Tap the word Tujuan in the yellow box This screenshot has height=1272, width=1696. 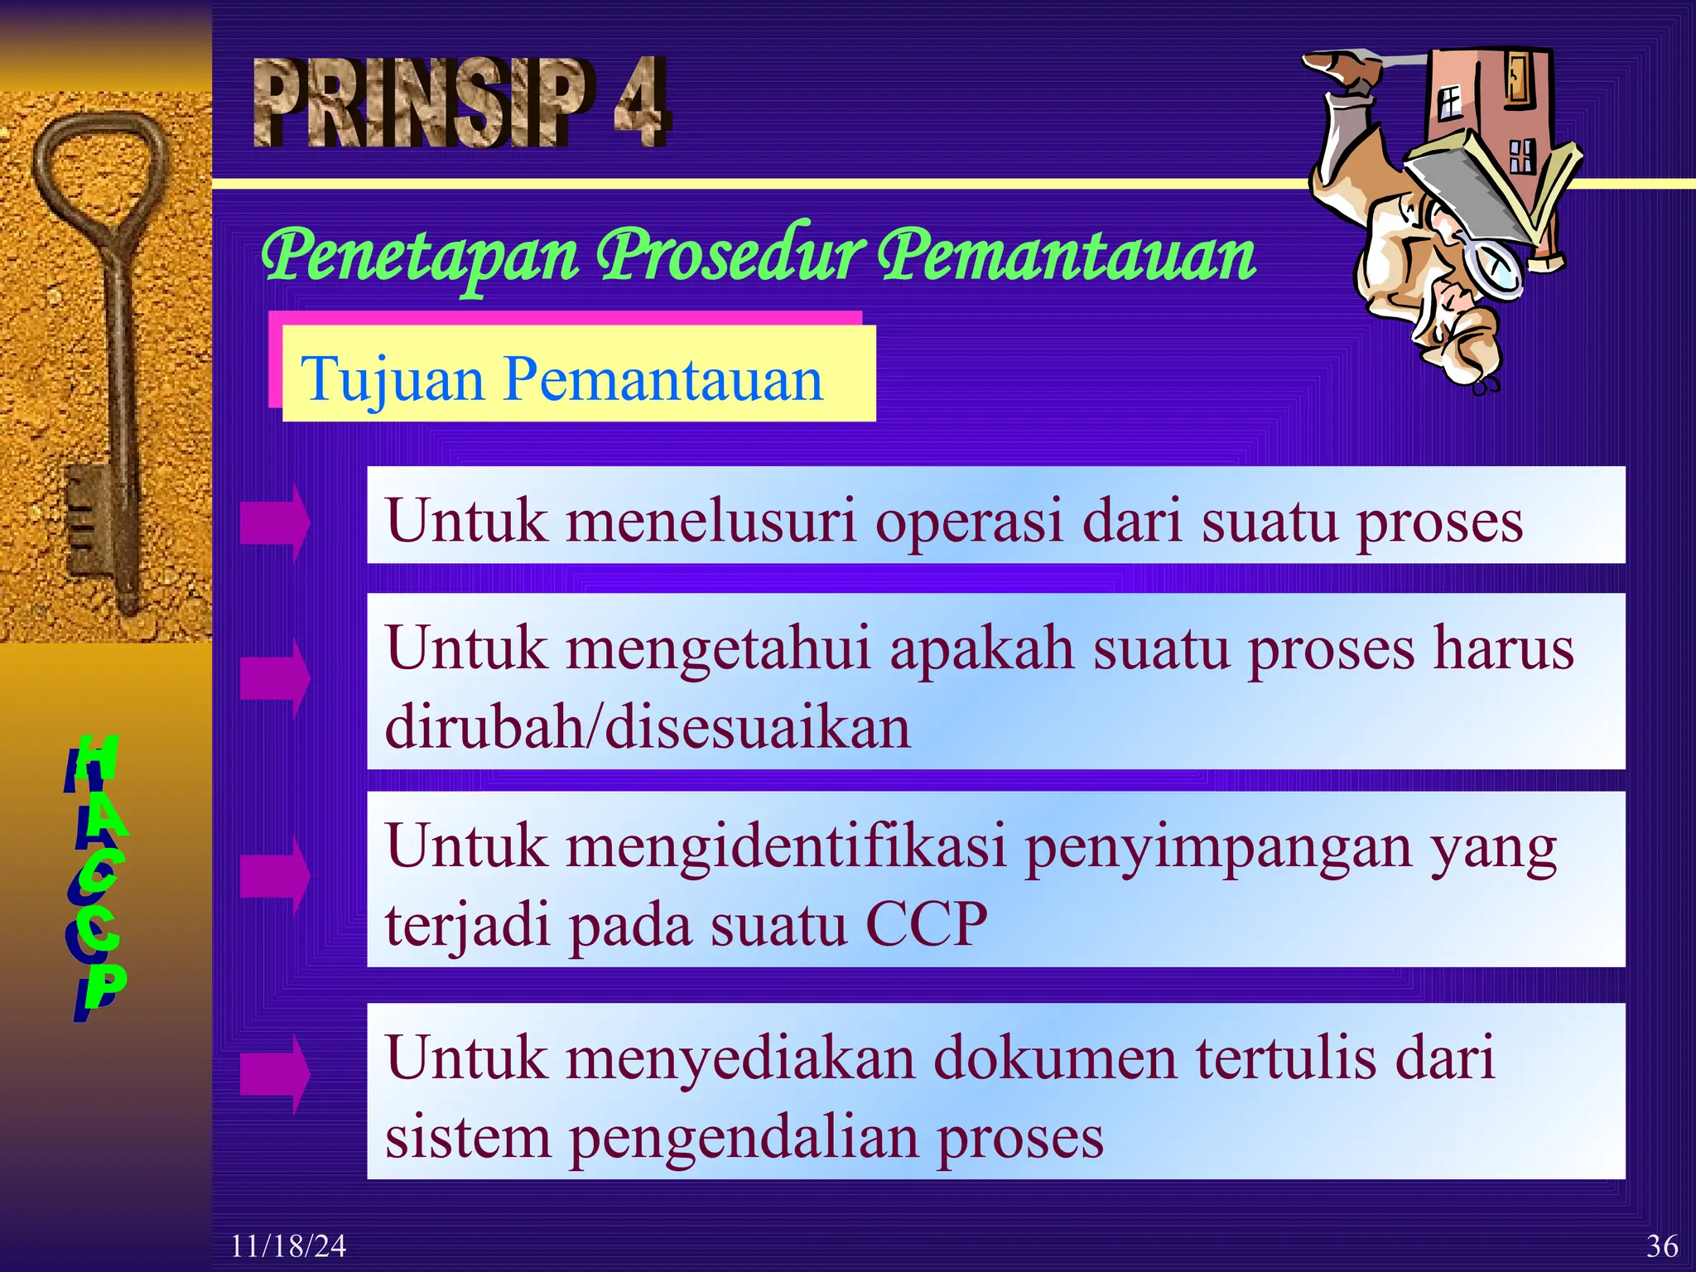click(x=392, y=379)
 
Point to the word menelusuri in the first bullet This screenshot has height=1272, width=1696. click(x=711, y=522)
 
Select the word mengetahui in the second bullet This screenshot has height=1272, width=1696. click(x=718, y=649)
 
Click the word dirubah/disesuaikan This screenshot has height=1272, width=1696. click(x=647, y=727)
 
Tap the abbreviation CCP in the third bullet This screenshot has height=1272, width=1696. click(x=926, y=924)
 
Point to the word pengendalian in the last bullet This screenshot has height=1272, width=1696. click(x=743, y=1138)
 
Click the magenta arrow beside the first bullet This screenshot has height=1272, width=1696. click(x=275, y=523)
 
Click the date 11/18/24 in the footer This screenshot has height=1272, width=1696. click(x=287, y=1245)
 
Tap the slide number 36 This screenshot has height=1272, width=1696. click(x=1661, y=1245)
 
